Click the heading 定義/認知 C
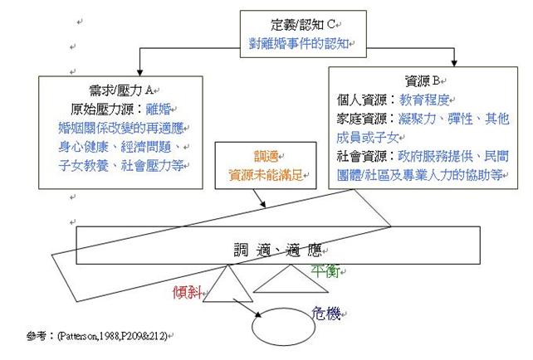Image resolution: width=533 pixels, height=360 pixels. click(299, 24)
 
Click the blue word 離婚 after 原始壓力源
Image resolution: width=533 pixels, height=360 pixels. click(170, 109)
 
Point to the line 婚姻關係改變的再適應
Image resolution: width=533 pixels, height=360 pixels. click(124, 128)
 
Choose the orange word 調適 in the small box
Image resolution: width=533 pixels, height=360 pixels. click(260, 156)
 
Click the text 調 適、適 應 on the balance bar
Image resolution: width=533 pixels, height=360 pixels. click(274, 248)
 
